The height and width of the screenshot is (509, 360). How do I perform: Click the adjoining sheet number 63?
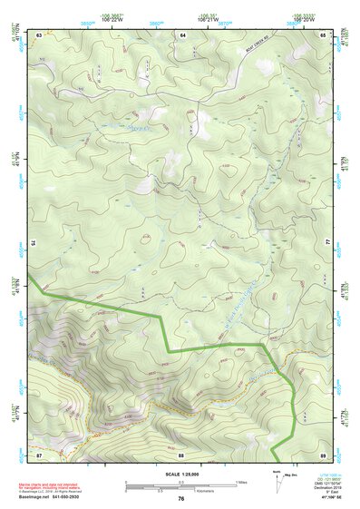(40, 34)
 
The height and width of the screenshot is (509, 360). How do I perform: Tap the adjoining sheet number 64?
(181, 34)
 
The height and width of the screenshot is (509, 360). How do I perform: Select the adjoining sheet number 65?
(322, 34)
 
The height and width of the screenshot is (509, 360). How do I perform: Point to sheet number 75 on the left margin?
(33, 243)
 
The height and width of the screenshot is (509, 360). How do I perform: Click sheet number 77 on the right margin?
(328, 243)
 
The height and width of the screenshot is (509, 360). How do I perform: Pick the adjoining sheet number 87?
(39, 454)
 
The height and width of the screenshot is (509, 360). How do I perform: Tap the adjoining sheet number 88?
(181, 454)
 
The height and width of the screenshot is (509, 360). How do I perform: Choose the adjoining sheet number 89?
(322, 454)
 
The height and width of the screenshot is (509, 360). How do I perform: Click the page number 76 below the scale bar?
(181, 499)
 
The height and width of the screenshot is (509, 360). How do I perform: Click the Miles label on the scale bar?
(240, 481)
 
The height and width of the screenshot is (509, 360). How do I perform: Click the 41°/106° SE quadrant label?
(326, 499)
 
